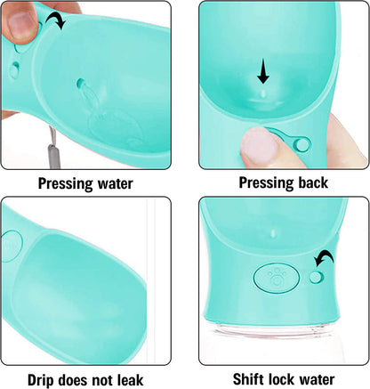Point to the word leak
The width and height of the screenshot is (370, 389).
tap(131, 380)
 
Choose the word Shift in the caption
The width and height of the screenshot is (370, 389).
tap(248, 379)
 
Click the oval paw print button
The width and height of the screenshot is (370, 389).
tap(276, 278)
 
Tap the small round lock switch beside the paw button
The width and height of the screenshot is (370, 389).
tap(316, 277)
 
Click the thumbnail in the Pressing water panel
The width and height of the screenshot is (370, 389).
tap(21, 25)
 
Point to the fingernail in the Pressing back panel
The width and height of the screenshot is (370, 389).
tap(258, 145)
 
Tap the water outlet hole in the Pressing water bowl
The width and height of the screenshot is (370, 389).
tap(80, 83)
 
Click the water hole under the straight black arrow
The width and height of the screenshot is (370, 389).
tap(263, 94)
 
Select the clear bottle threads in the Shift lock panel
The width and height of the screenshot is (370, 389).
tap(274, 328)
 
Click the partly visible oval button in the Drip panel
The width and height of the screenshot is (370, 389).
tap(12, 247)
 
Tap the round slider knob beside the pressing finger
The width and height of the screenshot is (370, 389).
tap(302, 144)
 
